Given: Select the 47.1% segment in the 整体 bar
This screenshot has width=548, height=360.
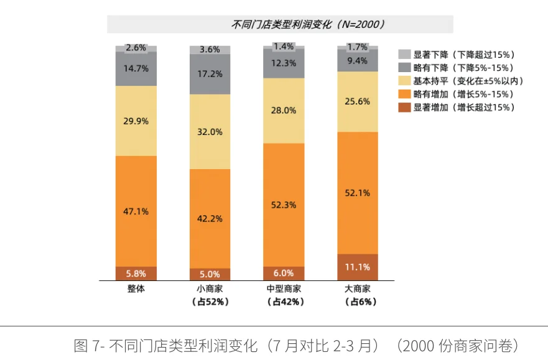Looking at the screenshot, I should click(136, 211).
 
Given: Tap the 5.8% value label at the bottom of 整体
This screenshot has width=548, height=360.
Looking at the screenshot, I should click(136, 274).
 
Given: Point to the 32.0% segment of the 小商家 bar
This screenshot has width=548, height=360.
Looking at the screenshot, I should click(210, 132).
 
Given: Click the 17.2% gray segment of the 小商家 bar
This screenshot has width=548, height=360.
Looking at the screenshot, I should click(210, 74).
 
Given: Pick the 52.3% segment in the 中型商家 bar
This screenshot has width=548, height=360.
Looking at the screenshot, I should click(284, 205).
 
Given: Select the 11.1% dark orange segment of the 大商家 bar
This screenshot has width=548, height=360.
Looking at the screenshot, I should click(358, 267).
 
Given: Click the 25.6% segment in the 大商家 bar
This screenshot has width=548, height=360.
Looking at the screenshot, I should click(358, 101).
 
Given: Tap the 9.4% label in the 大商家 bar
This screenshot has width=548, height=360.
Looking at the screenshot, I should click(358, 60).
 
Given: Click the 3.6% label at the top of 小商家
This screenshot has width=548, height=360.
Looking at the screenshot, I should click(210, 50).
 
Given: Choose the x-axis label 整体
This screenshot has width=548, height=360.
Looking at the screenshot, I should click(136, 289).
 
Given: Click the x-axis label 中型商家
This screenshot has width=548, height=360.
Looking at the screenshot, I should click(284, 289).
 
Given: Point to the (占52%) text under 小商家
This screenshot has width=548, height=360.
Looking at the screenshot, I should click(210, 302).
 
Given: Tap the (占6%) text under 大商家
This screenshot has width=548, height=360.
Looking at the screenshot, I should click(358, 302).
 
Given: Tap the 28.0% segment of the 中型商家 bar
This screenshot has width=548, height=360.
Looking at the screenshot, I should click(284, 110).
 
